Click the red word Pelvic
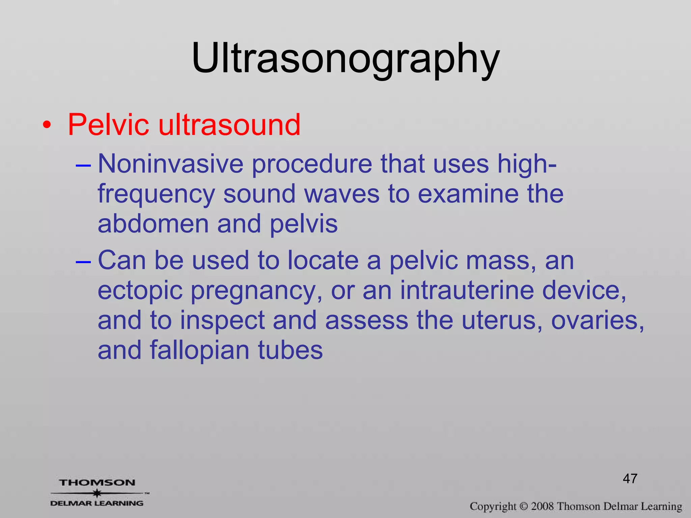point(108,125)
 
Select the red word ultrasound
point(229,125)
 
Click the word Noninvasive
point(170,164)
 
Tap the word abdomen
point(153,224)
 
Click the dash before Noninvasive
point(83,166)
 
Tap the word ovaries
point(597,320)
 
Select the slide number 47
point(630,479)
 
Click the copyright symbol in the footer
point(523,507)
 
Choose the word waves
point(342,195)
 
